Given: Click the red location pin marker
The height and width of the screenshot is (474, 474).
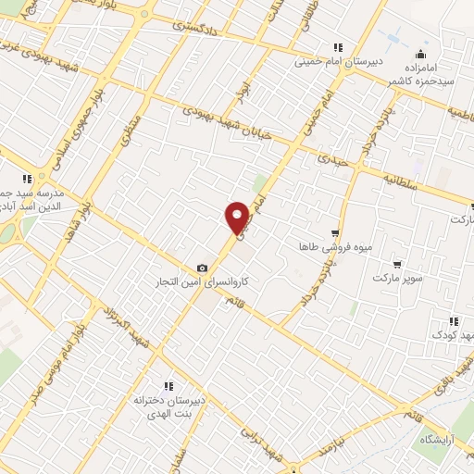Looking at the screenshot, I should click(238, 218).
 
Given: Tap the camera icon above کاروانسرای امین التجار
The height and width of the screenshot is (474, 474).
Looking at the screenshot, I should click(203, 268).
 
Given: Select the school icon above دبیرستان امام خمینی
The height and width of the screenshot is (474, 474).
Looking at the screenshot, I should click(338, 47).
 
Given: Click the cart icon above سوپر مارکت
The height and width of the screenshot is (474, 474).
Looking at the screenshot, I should click(397, 265).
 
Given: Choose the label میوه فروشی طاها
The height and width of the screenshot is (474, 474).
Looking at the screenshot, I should click(322, 247).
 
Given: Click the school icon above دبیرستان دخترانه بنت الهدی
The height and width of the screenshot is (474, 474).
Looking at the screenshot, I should click(168, 386).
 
